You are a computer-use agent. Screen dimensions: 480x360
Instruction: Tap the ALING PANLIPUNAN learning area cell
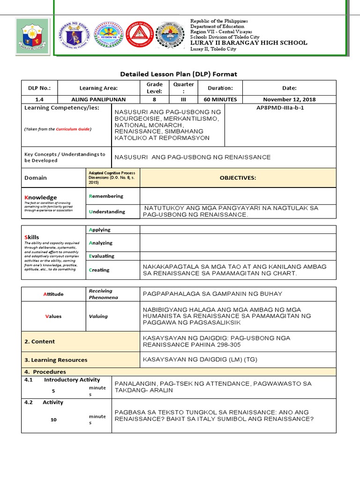click(x=98, y=99)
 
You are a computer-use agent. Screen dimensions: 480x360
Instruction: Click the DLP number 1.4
click(x=39, y=99)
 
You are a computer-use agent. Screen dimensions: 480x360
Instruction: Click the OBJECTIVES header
click(x=238, y=178)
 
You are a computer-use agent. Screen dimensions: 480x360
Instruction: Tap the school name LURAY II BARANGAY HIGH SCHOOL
click(x=248, y=43)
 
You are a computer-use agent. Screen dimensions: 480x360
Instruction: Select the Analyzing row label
click(x=101, y=243)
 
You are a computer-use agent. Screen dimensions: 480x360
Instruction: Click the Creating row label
click(x=99, y=270)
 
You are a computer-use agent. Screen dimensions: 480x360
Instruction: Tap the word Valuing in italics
click(x=98, y=316)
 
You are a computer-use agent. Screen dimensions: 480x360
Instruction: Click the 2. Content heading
click(x=39, y=342)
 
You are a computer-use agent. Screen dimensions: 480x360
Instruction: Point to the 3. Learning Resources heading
click(x=56, y=360)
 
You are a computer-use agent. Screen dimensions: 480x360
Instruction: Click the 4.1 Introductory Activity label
click(x=62, y=380)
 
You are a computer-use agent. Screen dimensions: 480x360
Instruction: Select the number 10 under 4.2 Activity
click(x=53, y=420)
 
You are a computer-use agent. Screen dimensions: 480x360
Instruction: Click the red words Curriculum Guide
click(x=73, y=129)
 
